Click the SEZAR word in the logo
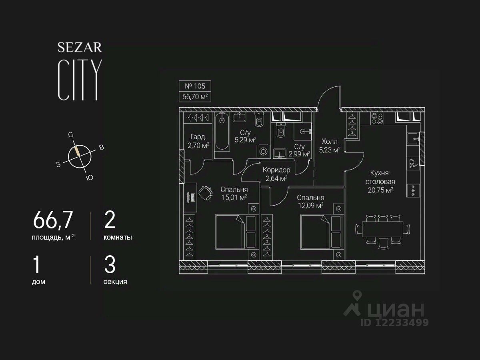pos(80,47)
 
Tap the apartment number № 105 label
pos(194,86)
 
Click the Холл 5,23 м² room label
pos(329,146)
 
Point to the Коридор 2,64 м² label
pos(276,174)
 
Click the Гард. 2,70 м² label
pos(198,141)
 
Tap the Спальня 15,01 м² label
pos(234,193)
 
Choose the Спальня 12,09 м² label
pos(310,202)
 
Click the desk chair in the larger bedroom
pos(206,194)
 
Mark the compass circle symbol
pos(80,156)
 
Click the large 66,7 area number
pos(53,220)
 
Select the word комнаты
pos(118,237)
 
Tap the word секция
pos(115,282)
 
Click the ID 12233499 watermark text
pos(394,322)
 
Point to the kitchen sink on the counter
pos(413,138)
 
